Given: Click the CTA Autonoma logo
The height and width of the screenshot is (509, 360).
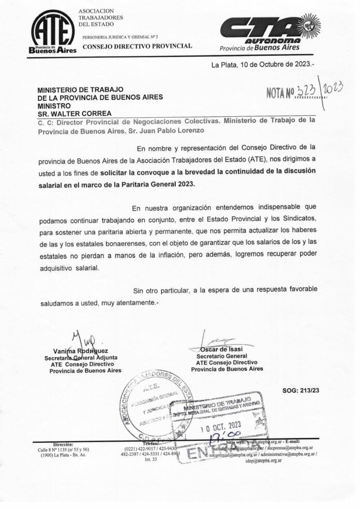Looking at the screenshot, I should (x=269, y=32).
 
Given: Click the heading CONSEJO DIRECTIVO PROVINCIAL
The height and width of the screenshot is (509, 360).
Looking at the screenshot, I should (x=137, y=46).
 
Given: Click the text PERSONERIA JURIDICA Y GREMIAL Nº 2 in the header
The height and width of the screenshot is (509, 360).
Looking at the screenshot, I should (x=121, y=37).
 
